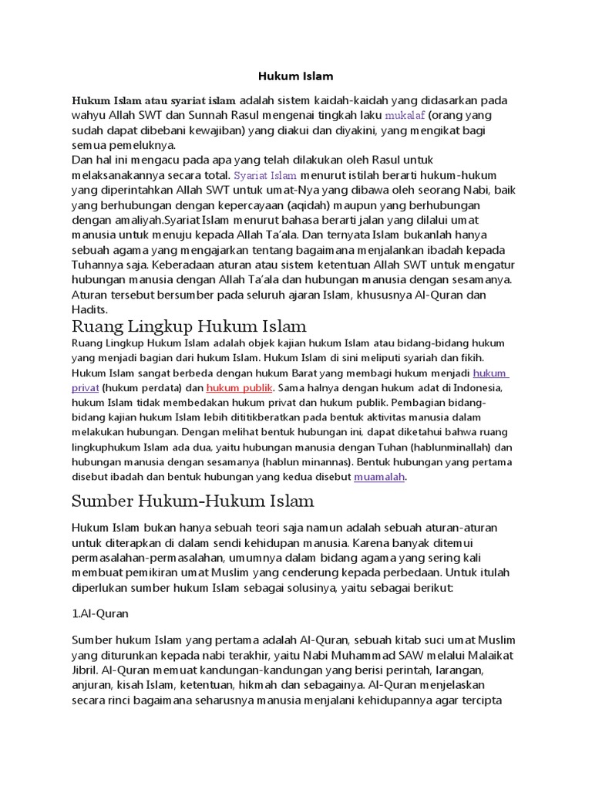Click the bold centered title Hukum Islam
click(295, 76)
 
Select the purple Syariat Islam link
click(265, 175)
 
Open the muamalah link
click(379, 478)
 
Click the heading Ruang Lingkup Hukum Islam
click(189, 325)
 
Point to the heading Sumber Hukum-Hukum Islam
click(193, 501)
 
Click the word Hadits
click(89, 309)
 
